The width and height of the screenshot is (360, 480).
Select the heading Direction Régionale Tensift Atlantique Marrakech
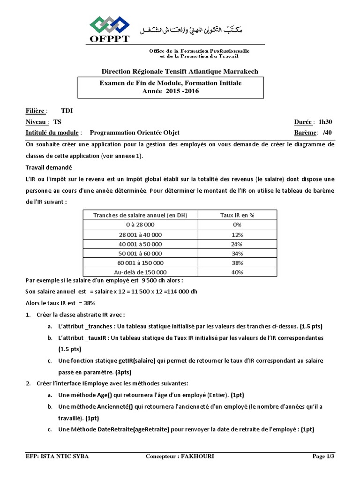[x=180, y=71]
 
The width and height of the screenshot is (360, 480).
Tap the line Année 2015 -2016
[x=171, y=91]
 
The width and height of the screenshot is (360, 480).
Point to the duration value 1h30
[x=328, y=122]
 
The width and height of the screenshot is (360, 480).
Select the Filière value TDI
[x=67, y=111]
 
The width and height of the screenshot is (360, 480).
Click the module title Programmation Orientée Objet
[x=135, y=133]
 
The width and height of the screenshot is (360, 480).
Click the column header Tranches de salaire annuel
[x=141, y=215]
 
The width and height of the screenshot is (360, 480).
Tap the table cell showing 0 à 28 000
[x=141, y=225]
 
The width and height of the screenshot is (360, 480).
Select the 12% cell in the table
[x=237, y=234]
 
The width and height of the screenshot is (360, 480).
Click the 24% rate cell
[x=237, y=244]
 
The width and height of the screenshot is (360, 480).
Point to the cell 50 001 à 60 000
[x=141, y=253]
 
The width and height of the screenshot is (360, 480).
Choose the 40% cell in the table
[x=237, y=272]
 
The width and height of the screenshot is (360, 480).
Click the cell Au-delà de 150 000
[x=141, y=272]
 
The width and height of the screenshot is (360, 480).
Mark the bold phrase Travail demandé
[x=46, y=167]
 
